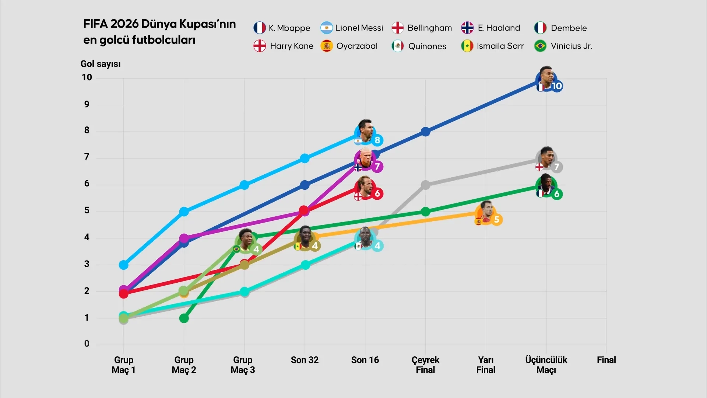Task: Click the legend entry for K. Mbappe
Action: [282, 28]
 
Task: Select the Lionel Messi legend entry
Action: [352, 28]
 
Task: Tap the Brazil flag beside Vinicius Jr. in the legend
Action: [540, 46]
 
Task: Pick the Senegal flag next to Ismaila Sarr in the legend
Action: [467, 46]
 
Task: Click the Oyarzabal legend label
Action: [357, 46]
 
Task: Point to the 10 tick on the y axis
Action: [87, 77]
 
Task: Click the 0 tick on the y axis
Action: [87, 344]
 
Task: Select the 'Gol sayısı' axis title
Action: [101, 64]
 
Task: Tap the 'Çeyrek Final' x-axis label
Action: [425, 365]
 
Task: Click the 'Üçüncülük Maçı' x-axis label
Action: [546, 365]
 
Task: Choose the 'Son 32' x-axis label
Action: [305, 360]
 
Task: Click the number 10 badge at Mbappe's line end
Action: [557, 86]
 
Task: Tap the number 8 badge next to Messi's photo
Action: [377, 140]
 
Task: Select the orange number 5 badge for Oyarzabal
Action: [496, 220]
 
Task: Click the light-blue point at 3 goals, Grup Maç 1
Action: [124, 265]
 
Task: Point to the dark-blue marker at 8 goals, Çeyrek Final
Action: [425, 132]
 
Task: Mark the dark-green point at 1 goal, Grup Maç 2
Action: [184, 318]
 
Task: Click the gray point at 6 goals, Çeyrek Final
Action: [425, 185]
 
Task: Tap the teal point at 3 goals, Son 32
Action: [305, 265]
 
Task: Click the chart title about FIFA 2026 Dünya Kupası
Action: [159, 32]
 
